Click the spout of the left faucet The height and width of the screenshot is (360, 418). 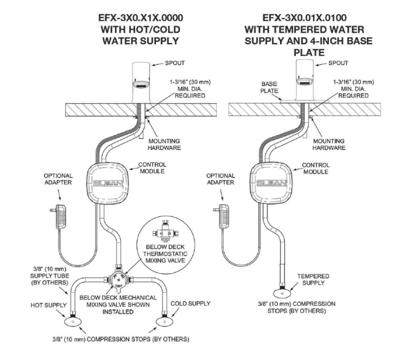(x=142, y=83)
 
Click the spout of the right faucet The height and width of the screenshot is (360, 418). (x=305, y=79)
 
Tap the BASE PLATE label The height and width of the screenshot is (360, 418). (x=269, y=87)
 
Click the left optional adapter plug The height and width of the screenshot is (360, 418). (x=60, y=217)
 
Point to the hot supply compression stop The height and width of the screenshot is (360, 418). (x=73, y=322)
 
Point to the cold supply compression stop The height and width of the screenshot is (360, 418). (x=165, y=322)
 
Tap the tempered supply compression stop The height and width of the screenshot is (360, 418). (x=282, y=293)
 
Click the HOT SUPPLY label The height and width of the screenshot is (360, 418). (x=48, y=305)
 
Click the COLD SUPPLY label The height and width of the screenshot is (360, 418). (x=191, y=304)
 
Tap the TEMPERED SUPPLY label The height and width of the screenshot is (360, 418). (x=313, y=279)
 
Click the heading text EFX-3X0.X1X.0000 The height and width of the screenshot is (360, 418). (x=141, y=18)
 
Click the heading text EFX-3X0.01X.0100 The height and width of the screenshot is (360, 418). (x=305, y=18)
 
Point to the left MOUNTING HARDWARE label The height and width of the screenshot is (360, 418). (x=164, y=144)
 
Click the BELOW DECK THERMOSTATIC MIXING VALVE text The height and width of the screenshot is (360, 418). (x=165, y=254)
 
